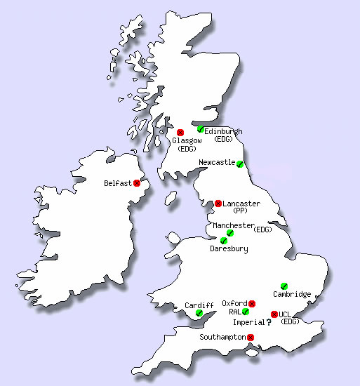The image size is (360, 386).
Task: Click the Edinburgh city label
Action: tap(222, 131)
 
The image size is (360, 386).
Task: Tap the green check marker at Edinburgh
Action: tap(200, 129)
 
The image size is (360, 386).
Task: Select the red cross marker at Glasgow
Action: tap(180, 132)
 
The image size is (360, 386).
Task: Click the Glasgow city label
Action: tap(187, 140)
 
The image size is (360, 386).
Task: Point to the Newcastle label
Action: tap(217, 162)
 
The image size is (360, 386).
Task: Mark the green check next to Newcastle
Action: tap(240, 164)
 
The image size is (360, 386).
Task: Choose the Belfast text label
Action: tap(117, 184)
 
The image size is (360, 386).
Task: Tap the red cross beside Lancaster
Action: tap(218, 204)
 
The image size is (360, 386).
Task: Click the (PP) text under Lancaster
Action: tap(241, 211)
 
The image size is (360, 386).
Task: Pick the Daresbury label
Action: tap(229, 248)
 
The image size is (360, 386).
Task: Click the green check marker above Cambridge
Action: tap(284, 286)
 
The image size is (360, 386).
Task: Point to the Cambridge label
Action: tap(292, 294)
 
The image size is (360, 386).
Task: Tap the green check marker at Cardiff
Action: tap(199, 313)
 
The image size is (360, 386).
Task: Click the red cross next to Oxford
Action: tap(252, 303)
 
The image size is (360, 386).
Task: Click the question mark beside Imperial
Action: tap(268, 322)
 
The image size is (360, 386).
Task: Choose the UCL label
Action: tap(285, 314)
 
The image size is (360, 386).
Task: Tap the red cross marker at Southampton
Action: tap(251, 338)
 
